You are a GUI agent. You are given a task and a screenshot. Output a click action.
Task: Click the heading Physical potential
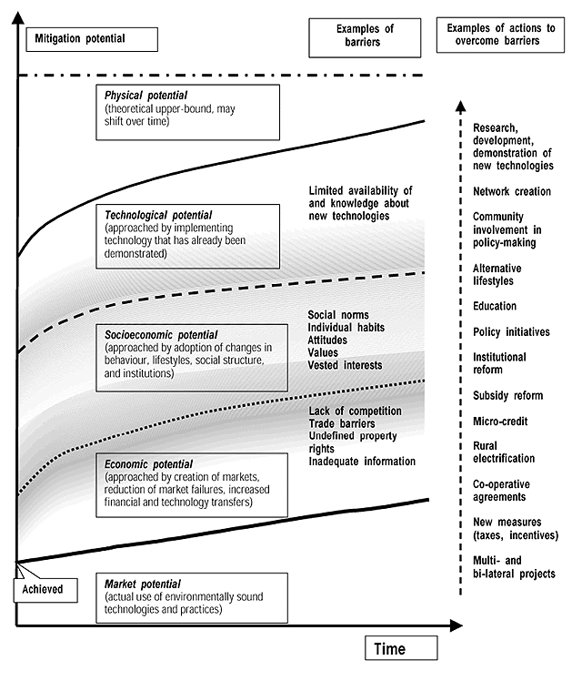coord(145,95)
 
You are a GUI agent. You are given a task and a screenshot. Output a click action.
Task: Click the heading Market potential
coord(143,584)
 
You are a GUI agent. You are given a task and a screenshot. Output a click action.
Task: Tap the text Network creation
coord(511,192)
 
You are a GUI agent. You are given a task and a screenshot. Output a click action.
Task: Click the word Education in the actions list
coord(495,307)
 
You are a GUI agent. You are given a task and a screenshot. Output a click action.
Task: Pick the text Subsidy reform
coord(507,396)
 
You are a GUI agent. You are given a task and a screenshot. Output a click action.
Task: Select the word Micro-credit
coord(500,422)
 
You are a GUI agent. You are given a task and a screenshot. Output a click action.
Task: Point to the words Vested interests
coord(345,365)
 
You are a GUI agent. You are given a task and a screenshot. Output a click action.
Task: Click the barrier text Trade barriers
coord(343,423)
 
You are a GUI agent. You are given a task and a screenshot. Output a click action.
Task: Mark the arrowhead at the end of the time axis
coord(459,626)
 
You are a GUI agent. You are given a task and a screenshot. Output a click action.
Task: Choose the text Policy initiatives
coord(511,332)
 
